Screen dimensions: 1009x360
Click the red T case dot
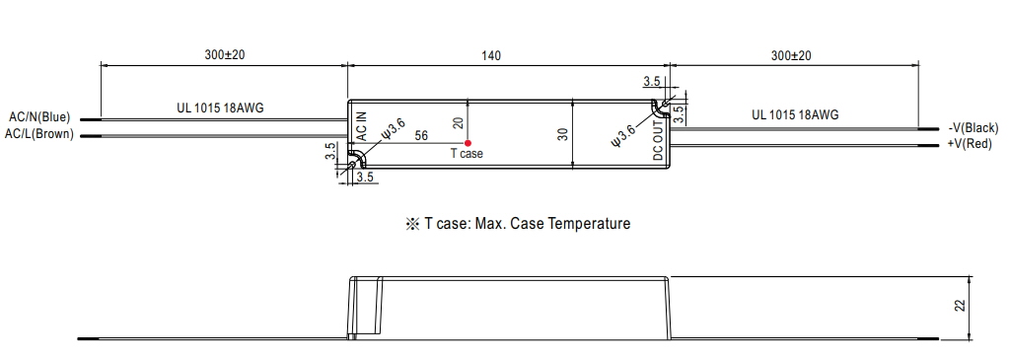(468, 143)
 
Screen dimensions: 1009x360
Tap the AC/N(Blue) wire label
(39, 117)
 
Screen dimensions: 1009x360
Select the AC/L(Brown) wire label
(39, 134)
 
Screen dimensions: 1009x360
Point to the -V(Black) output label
(973, 128)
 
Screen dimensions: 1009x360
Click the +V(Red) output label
(970, 144)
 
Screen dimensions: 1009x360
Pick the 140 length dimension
(491, 56)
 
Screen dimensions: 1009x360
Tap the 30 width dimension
(562, 135)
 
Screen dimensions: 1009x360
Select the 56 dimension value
(421, 136)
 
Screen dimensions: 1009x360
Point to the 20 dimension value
(458, 123)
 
